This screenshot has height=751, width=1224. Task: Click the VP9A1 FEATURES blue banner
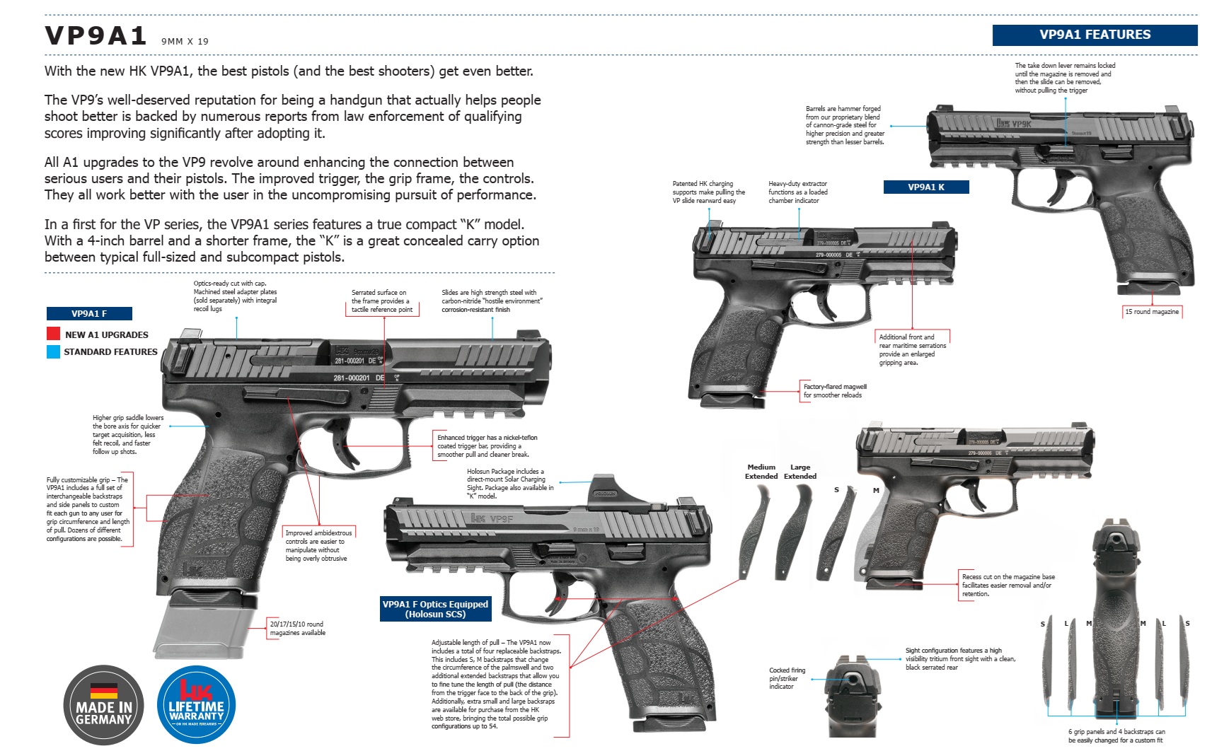pyautogui.click(x=1094, y=35)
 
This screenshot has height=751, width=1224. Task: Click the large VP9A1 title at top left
pyautogui.click(x=96, y=35)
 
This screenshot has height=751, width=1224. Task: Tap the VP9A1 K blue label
pyautogui.click(x=925, y=187)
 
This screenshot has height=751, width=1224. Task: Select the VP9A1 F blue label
pyautogui.click(x=89, y=313)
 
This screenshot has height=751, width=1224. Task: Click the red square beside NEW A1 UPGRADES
pyautogui.click(x=53, y=334)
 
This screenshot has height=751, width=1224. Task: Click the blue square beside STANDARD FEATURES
pyautogui.click(x=53, y=351)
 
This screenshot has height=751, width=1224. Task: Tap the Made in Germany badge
pyautogui.click(x=103, y=705)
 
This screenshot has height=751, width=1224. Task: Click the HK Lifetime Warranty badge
pyautogui.click(x=196, y=705)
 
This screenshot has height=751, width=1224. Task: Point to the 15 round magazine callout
pyautogui.click(x=1151, y=311)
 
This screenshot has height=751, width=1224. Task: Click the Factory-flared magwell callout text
pyautogui.click(x=834, y=390)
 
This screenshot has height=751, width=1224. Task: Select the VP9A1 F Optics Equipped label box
pyautogui.click(x=435, y=609)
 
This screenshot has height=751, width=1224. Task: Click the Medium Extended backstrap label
pyautogui.click(x=761, y=472)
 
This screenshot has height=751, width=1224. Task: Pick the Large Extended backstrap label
pyautogui.click(x=800, y=472)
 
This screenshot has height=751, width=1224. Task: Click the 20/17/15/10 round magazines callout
pyautogui.click(x=297, y=628)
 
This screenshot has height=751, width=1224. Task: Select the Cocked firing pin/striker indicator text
pyautogui.click(x=786, y=678)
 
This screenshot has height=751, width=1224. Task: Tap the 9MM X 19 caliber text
pyautogui.click(x=185, y=42)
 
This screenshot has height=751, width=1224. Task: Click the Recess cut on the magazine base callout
pyautogui.click(x=1007, y=585)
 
